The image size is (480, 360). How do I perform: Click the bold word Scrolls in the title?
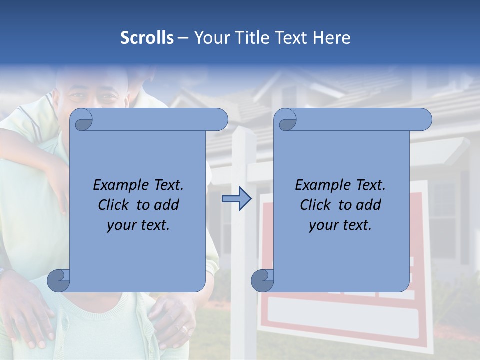147,38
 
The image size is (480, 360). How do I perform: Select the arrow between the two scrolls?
236,199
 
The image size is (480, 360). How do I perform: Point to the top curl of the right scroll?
286,120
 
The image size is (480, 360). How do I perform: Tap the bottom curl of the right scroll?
263,281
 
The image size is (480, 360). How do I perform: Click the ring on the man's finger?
185,330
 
